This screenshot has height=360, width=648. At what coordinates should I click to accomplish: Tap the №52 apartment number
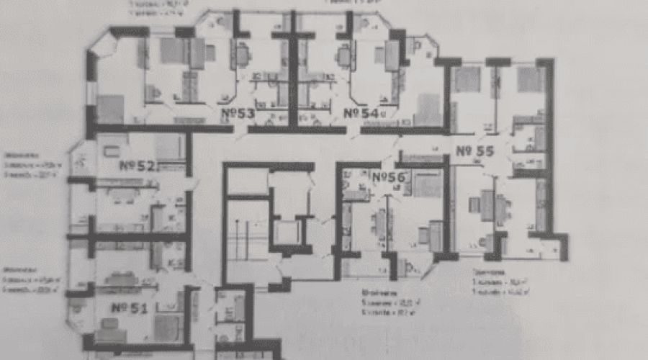point(137,166)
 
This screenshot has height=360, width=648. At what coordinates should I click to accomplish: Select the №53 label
point(237,113)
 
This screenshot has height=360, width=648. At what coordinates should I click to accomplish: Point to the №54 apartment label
point(361,113)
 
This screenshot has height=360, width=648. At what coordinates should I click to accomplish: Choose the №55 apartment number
point(475,151)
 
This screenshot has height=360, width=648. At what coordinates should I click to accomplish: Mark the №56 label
point(387,176)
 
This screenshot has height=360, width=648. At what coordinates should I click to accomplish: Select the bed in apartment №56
point(428,185)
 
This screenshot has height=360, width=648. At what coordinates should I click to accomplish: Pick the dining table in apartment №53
point(243,53)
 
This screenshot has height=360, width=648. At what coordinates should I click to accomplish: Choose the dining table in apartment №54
point(344,55)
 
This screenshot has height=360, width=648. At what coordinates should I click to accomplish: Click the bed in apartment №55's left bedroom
point(467,79)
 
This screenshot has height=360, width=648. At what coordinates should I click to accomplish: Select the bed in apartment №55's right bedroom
point(530,79)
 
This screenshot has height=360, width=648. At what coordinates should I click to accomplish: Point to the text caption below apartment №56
point(382,302)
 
